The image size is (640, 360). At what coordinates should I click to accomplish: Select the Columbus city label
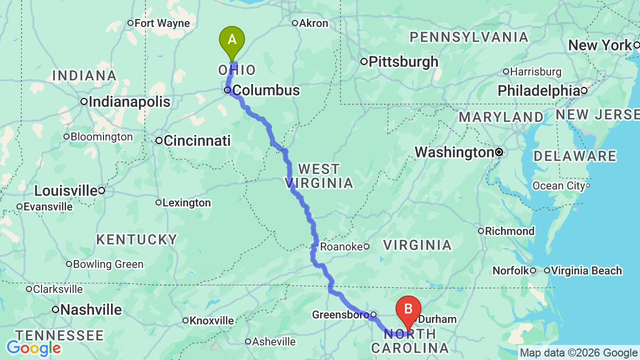[266, 90]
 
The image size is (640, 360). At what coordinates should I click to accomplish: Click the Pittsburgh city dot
[364, 61]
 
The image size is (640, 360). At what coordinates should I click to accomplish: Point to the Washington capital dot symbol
[499, 151]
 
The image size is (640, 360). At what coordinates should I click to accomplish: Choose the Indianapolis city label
[129, 102]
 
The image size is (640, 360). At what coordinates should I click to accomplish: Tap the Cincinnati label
[197, 141]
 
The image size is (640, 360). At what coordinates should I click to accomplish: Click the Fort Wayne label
[162, 23]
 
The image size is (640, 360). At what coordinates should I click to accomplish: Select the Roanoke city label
[341, 246]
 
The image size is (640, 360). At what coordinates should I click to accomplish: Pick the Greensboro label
[340, 315]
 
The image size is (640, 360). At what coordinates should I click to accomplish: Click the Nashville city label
[90, 310]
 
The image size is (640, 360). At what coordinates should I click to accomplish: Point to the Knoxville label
[212, 320]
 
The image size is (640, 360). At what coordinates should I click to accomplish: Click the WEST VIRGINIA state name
[320, 176]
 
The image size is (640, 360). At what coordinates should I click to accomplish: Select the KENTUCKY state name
[136, 239]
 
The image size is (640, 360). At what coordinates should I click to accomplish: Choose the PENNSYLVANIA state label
[469, 37]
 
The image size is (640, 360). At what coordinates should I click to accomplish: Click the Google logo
[33, 348]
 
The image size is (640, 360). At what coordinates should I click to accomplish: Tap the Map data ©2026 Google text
[578, 353]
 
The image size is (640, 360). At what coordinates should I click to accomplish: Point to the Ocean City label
[558, 186]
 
